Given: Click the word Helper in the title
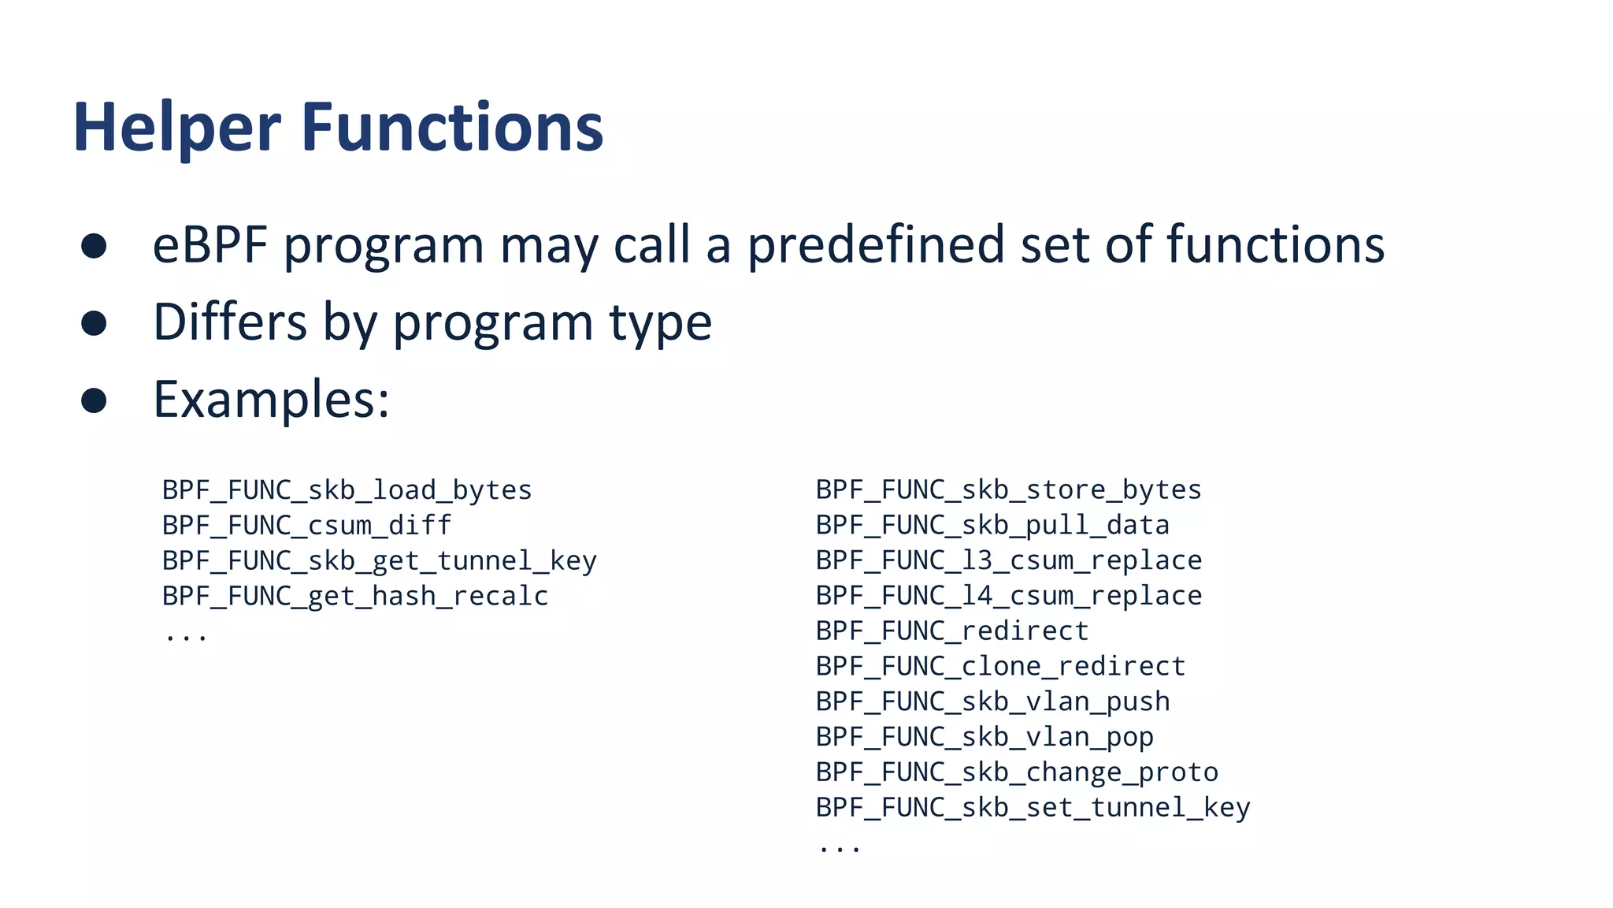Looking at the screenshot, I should (x=176, y=128).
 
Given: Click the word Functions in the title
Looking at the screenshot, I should (x=452, y=128).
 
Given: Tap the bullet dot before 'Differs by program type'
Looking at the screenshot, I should (x=94, y=323).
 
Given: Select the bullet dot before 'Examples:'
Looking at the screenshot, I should (x=94, y=400).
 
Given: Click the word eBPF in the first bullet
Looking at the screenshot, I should (x=210, y=245).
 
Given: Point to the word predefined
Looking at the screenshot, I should (x=875, y=245).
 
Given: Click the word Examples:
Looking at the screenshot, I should (x=270, y=400).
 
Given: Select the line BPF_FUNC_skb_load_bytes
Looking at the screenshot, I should (x=347, y=491).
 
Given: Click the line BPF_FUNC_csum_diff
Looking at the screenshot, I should (x=306, y=526).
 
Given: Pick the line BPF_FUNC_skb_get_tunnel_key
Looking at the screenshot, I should (x=379, y=561).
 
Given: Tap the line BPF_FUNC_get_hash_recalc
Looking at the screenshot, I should (x=354, y=597).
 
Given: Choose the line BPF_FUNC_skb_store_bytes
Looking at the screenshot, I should (x=1008, y=490).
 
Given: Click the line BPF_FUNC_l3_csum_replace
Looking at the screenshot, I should (x=1008, y=560).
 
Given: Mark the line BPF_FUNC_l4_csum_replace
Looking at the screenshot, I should (x=1008, y=596).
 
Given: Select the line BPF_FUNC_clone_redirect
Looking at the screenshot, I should (x=1000, y=667).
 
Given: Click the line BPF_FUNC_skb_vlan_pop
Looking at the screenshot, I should (x=984, y=738).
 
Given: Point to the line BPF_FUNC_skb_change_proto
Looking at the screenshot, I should (x=1016, y=772).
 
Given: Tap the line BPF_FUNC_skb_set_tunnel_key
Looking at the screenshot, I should (x=1032, y=808).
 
